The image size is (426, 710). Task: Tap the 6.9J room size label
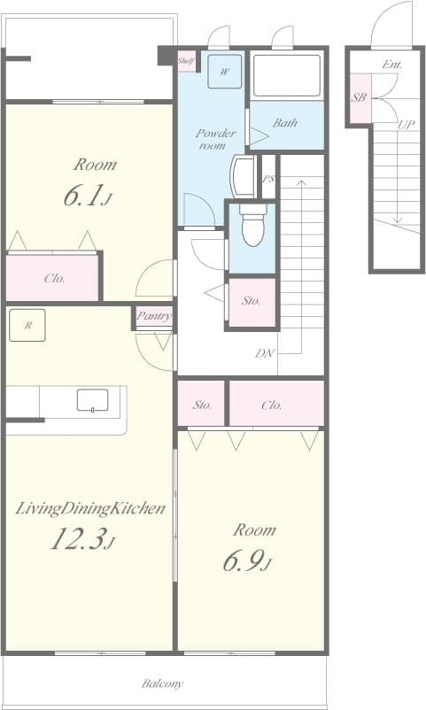click(253, 562)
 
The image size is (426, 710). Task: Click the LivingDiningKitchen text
click(91, 508)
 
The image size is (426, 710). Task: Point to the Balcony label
click(163, 683)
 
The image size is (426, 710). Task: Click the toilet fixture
click(252, 227)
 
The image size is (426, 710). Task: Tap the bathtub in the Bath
click(286, 77)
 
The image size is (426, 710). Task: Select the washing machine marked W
click(224, 73)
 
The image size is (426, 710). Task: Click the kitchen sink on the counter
click(92, 400)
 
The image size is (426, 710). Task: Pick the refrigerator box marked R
click(27, 326)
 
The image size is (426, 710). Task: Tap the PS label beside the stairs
click(268, 180)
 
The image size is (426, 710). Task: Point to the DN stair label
click(264, 353)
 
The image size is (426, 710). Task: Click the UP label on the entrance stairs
click(406, 125)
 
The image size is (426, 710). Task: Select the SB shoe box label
click(359, 98)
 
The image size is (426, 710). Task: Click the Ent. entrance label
click(392, 65)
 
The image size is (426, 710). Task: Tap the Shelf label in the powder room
click(187, 61)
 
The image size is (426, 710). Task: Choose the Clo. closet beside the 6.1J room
click(54, 278)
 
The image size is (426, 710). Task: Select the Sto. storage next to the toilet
click(252, 301)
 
